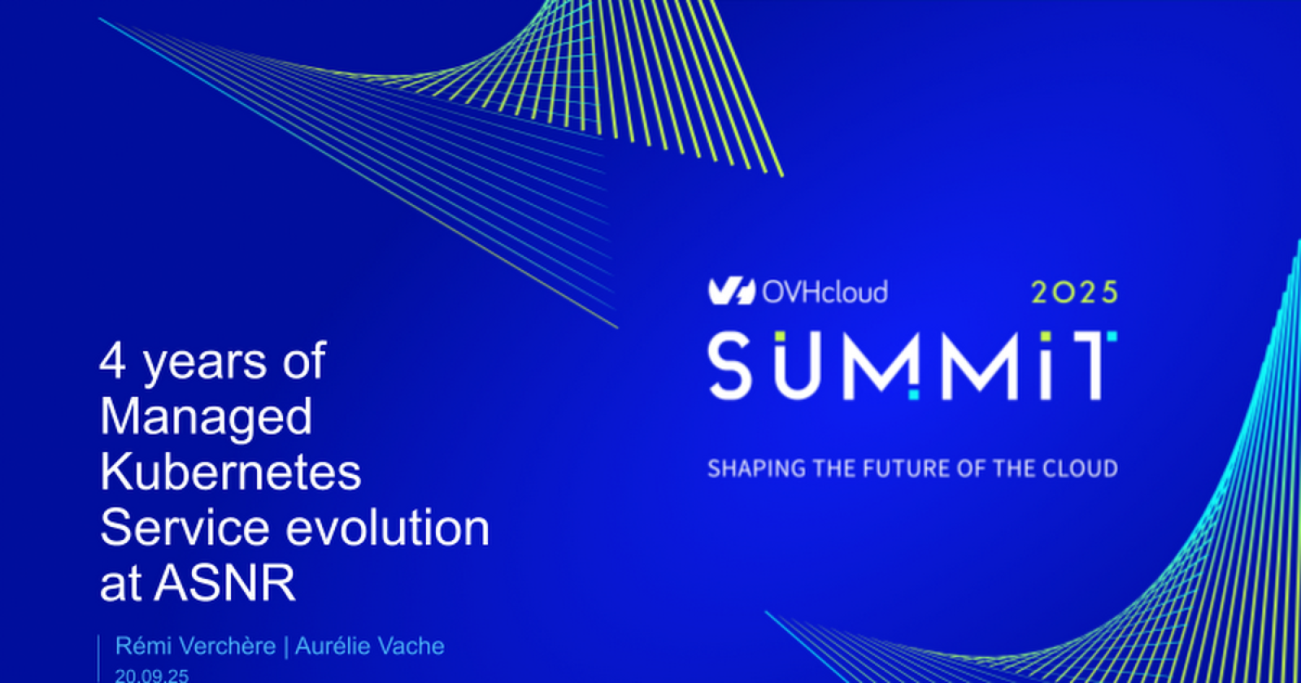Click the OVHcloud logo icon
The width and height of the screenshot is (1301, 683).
pos(731,292)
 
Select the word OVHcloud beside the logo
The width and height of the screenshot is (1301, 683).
pos(825,292)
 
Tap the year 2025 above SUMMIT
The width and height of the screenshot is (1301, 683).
pos(1074,292)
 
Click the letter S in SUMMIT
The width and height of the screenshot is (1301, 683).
pos(730,366)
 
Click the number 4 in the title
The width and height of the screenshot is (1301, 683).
pos(112,360)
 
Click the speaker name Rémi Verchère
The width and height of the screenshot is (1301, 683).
pos(195,646)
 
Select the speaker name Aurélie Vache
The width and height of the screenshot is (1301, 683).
pos(370,646)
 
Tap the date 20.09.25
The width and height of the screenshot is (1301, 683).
pos(151,676)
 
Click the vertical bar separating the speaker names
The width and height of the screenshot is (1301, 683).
pos(285,646)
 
